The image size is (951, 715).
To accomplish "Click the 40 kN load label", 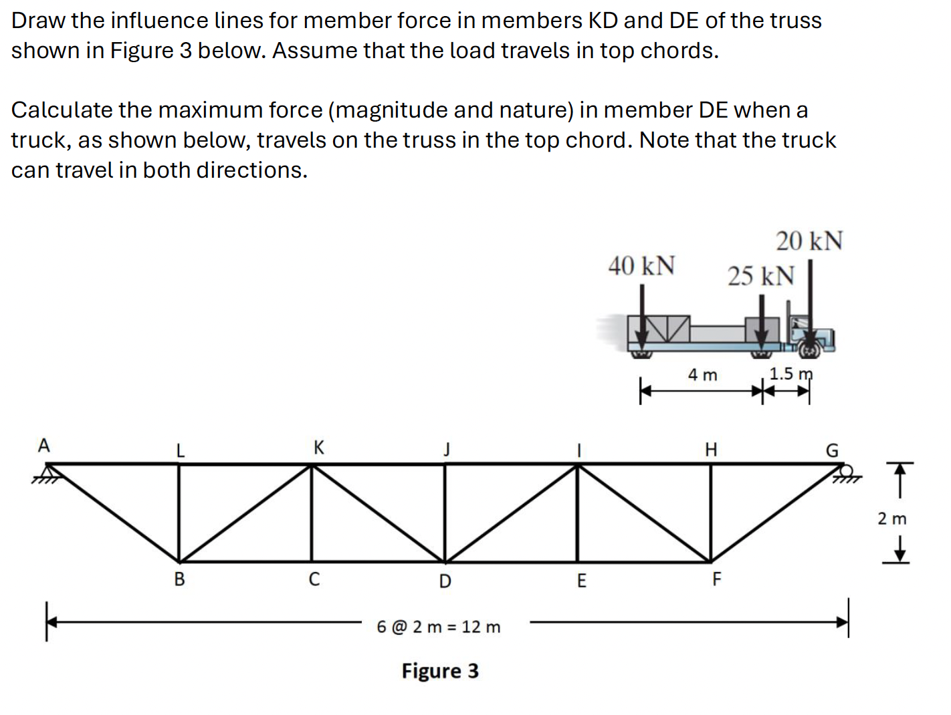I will [x=641, y=266].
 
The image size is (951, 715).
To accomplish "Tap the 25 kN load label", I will [x=760, y=276].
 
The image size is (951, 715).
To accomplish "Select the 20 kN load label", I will [x=809, y=241].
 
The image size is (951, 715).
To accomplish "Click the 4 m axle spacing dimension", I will [x=702, y=376].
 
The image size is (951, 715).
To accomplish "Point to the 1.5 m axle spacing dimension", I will [x=790, y=374].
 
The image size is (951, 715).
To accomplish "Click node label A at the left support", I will [x=44, y=446].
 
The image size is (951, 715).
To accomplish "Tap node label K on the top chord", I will [x=319, y=447].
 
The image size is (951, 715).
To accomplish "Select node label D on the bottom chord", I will [x=445, y=582].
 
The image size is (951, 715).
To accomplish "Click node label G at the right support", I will [x=831, y=451].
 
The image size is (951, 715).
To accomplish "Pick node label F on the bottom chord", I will [x=716, y=579].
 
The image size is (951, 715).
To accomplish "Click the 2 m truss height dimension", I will [x=891, y=519].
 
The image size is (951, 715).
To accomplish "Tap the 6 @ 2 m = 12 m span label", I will [x=438, y=627].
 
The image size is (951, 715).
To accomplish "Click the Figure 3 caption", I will [x=440, y=671].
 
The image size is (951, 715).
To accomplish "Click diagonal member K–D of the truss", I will [x=378, y=513].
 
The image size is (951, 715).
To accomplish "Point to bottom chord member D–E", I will [x=511, y=562].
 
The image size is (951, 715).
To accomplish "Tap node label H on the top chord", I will [x=711, y=450].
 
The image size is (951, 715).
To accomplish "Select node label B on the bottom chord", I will [x=179, y=579].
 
